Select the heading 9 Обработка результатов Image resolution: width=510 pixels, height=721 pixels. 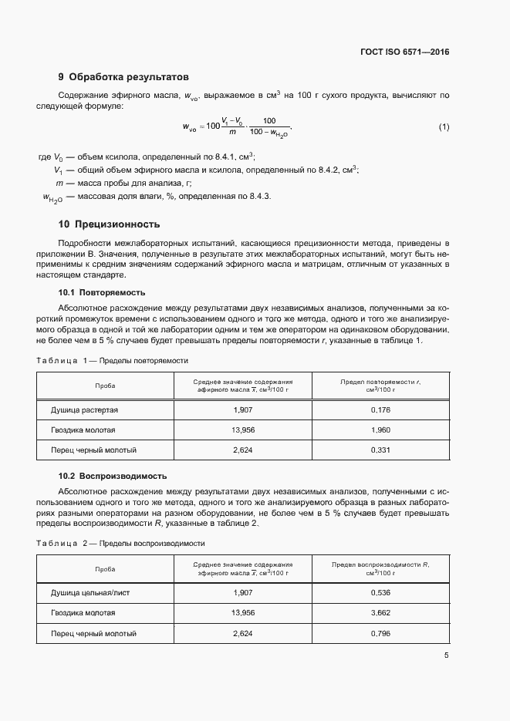tap(123, 77)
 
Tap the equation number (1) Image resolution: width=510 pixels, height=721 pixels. tap(444, 126)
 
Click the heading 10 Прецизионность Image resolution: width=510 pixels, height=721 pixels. tap(110, 224)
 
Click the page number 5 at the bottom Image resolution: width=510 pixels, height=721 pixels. tap(446, 655)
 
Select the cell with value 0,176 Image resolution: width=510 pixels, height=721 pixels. tap(380, 409)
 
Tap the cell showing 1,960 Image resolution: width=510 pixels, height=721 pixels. tap(380, 430)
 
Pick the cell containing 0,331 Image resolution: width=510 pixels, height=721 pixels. tap(380, 450)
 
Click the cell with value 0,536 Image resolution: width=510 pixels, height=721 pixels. tap(380, 592)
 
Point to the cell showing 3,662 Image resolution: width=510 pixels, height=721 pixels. tap(380, 612)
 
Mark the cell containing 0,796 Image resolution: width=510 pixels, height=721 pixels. tap(380, 633)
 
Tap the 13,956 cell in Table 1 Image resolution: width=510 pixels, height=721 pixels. tap(243, 430)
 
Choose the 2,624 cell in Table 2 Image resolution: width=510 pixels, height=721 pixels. tap(243, 633)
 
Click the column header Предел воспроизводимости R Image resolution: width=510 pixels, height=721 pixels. tap(380, 568)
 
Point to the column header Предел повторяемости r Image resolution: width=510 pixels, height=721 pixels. tap(380, 386)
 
